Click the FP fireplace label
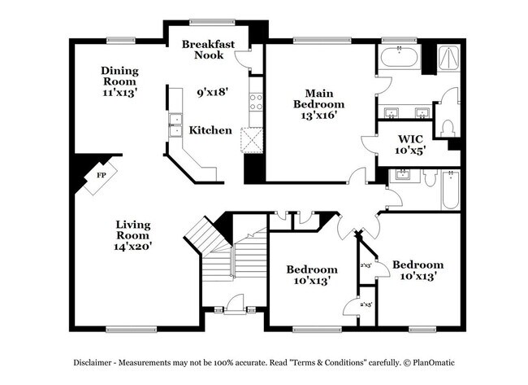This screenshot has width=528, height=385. [102, 175]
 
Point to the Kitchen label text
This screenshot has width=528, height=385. [210, 130]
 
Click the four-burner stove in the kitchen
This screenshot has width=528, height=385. [256, 101]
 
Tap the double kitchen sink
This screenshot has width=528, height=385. [175, 125]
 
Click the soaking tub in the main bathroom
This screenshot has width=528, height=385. [398, 59]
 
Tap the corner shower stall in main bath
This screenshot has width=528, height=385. [446, 59]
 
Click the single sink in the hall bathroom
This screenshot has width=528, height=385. [400, 175]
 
